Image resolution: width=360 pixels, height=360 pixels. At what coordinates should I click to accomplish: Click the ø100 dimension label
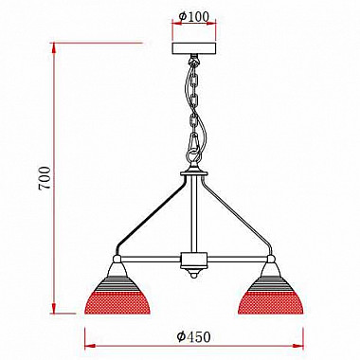coord(194,16)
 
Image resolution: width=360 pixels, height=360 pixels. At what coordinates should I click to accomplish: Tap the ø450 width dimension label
coord(194,333)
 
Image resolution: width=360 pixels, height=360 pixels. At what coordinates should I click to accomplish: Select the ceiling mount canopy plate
coord(194,48)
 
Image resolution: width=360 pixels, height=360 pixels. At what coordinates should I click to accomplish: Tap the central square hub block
coord(194,260)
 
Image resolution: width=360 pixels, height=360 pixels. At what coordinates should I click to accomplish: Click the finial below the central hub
coord(194,277)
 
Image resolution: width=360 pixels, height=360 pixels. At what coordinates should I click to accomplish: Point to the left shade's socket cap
coord(117,260)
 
